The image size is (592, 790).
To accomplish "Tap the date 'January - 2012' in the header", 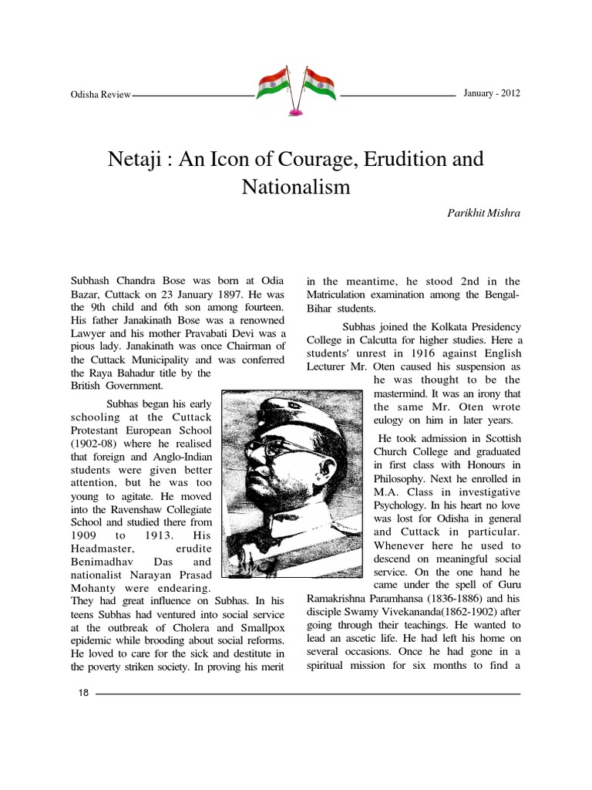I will click(492, 93).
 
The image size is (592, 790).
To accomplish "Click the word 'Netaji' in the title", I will click(133, 160).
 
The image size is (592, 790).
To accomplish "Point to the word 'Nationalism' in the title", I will click(296, 187).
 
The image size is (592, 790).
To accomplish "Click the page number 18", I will click(84, 694).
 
